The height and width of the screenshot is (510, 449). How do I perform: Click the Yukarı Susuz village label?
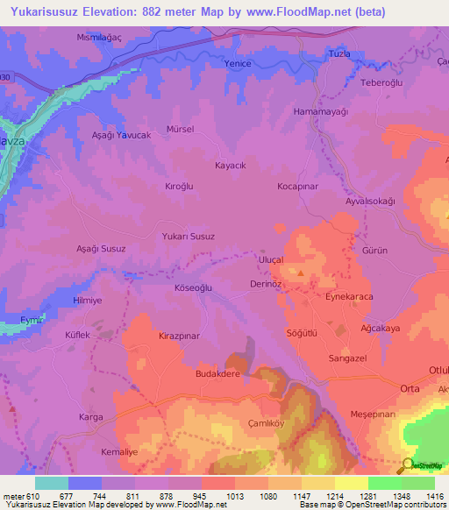pyautogui.click(x=189, y=237)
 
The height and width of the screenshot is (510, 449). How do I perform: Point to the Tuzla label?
pyautogui.click(x=339, y=54)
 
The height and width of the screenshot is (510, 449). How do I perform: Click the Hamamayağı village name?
pyautogui.click(x=346, y=112)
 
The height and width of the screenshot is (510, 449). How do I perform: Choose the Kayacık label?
pyautogui.click(x=231, y=165)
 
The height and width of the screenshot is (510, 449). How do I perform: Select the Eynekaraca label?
pyautogui.click(x=351, y=298)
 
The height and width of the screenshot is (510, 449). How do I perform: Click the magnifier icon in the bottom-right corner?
pyautogui.click(x=407, y=466)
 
